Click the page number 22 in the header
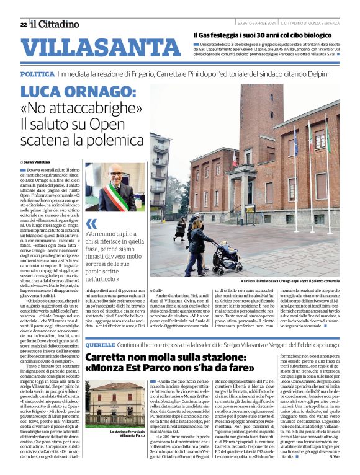coord(23,25)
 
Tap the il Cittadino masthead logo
coord(55,24)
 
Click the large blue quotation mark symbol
coord(91,224)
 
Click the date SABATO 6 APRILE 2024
coord(257,24)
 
